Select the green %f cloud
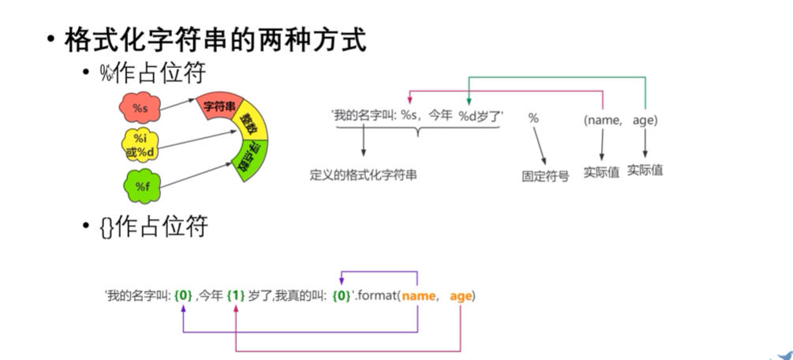point(141,186)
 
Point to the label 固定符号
point(544,176)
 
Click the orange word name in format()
point(418,296)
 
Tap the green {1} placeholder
point(235,296)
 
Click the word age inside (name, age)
point(645,119)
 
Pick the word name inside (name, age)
point(604,119)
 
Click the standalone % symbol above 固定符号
point(533,118)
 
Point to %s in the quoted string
point(410,116)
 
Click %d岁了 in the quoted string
point(481,116)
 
